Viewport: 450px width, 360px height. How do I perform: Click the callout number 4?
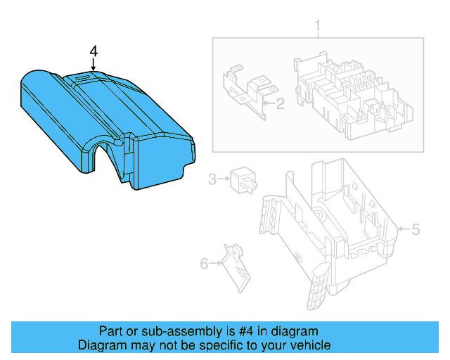pos(94,51)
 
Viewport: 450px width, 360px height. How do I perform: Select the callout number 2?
pos(279,105)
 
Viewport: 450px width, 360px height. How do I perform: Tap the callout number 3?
pos(213,180)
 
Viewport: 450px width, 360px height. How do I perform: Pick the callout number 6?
pos(205,264)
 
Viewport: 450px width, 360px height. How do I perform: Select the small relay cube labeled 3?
pos(243,180)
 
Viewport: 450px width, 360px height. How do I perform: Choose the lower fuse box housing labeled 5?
pos(330,225)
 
